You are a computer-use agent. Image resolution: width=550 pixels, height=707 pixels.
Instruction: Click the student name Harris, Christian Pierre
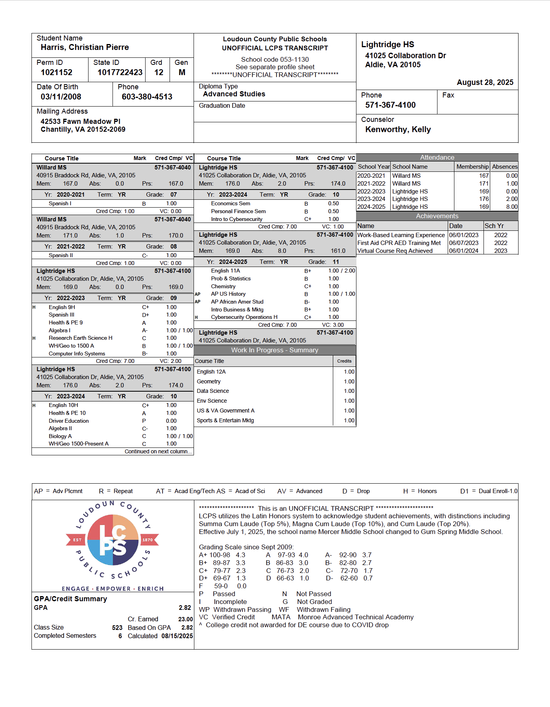coord(85,47)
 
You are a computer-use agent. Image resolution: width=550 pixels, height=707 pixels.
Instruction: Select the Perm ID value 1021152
coord(57,72)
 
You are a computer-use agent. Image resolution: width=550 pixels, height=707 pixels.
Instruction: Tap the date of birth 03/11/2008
coord(61,97)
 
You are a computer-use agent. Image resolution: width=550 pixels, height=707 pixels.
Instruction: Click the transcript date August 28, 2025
coord(485,82)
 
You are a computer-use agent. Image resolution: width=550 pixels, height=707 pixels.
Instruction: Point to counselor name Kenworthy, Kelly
coord(398,129)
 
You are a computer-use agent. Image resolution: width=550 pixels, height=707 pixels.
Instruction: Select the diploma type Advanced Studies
coord(234,94)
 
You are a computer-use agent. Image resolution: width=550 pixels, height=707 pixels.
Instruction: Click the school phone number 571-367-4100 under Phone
coord(390,105)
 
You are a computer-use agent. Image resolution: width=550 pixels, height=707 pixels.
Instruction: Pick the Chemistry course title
coord(223,286)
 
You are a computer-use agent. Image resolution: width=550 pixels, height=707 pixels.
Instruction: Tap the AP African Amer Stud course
coord(237,302)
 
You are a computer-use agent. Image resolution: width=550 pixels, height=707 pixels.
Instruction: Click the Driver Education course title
coord(69,421)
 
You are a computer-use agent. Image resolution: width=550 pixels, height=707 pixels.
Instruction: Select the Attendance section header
coord(437,157)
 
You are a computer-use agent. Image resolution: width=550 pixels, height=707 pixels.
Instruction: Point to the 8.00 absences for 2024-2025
coord(511,207)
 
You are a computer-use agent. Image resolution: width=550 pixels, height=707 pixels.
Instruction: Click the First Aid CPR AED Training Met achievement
coord(399,243)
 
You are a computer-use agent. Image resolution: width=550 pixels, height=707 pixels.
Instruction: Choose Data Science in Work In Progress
coord(213,391)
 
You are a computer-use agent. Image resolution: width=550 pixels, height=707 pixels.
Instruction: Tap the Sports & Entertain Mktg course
coord(225,420)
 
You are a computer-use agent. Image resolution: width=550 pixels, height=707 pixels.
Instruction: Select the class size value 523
coord(117,628)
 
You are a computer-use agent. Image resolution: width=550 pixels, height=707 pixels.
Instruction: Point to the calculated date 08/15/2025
coord(177,636)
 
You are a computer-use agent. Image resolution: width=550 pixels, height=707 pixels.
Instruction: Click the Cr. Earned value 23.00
coord(185,619)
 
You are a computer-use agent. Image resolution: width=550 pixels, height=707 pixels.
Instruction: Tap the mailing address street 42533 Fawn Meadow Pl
coord(80,122)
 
